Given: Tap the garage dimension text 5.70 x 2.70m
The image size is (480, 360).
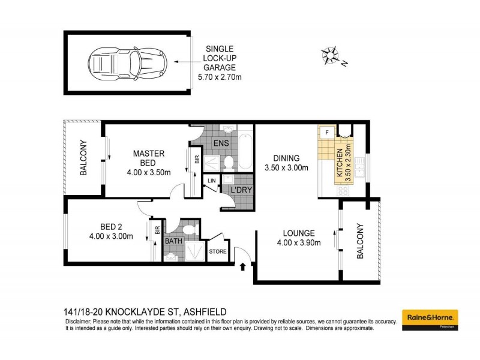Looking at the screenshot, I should [221, 77].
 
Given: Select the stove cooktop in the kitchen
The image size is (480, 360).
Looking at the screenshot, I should [344, 191].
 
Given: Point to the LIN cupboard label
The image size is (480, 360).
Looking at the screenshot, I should [212, 181].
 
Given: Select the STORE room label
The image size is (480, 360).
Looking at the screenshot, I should [218, 251].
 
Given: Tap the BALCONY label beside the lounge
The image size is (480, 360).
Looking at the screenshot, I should [361, 241].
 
